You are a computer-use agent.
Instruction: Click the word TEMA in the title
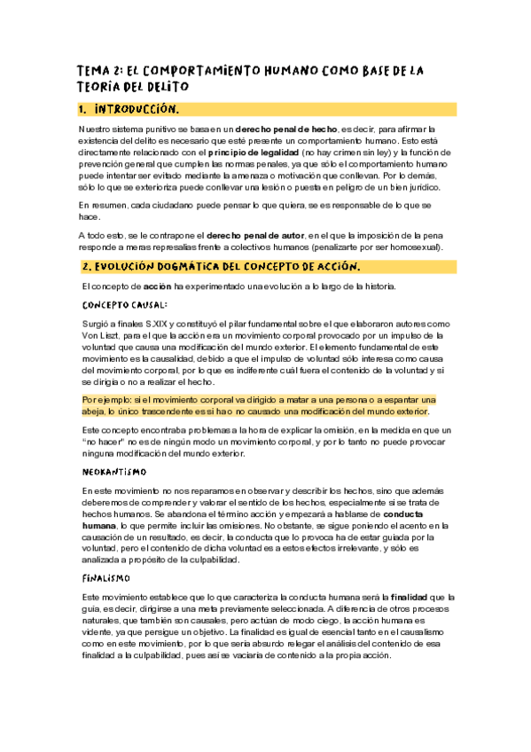click(x=92, y=70)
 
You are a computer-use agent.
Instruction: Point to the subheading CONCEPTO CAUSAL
click(x=124, y=304)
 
